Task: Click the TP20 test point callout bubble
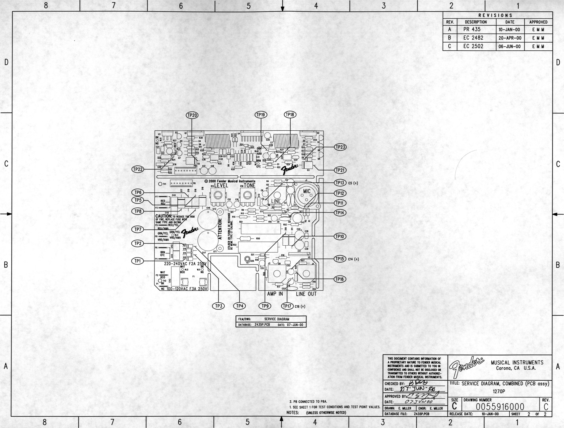click(192, 115)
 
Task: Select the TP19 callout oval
click(261, 115)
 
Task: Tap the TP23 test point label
click(340, 147)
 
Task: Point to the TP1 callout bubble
click(138, 261)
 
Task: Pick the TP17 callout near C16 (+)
click(287, 306)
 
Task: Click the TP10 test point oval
click(340, 236)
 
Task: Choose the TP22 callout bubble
click(138, 169)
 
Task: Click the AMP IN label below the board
click(275, 294)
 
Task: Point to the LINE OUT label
click(306, 294)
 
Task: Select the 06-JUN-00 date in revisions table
click(510, 46)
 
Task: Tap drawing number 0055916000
click(500, 406)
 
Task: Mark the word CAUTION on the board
click(163, 216)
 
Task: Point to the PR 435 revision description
click(472, 30)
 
